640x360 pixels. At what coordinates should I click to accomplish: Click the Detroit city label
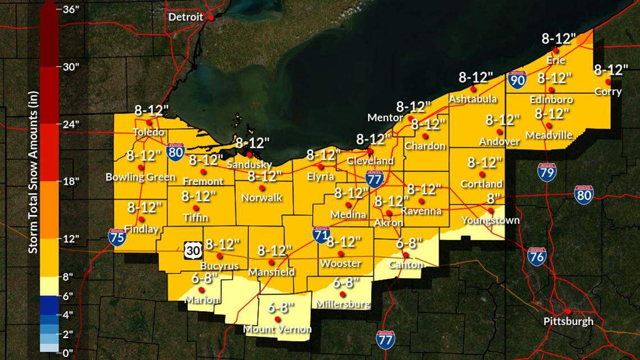tap(186, 17)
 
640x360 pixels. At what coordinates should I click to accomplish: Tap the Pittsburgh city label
tap(568, 322)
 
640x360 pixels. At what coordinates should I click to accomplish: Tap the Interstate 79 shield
tap(546, 172)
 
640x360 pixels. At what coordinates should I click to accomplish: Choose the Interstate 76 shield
tap(537, 257)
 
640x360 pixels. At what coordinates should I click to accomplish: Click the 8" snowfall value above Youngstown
tap(493, 198)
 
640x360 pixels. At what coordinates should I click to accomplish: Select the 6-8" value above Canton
tap(409, 243)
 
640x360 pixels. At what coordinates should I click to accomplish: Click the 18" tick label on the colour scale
tap(70, 181)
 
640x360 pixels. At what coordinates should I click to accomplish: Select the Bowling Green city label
tap(141, 177)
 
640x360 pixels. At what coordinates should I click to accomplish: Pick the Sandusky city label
tap(249, 165)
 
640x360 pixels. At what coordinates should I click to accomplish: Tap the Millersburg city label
tap(342, 304)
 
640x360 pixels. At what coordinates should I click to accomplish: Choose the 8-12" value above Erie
tap(559, 38)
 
